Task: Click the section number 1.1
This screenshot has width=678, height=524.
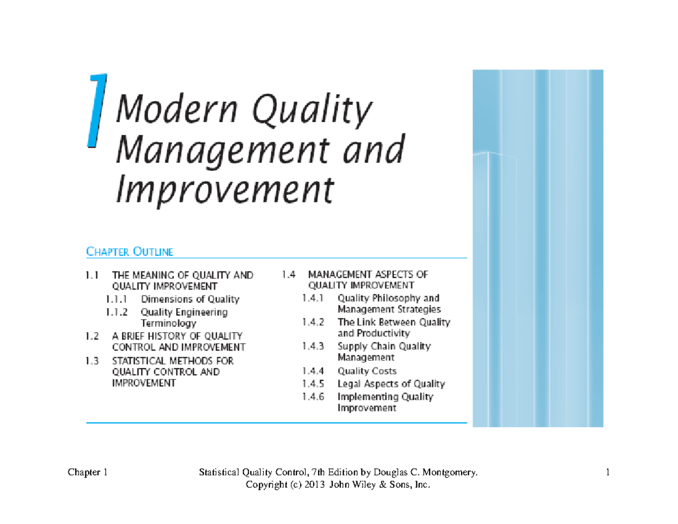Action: pos(92,275)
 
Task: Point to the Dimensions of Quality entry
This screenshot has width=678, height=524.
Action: pos(190,299)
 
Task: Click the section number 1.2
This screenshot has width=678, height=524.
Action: pos(92,336)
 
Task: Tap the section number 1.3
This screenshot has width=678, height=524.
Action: pos(92,361)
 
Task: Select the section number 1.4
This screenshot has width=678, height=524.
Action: pos(288,275)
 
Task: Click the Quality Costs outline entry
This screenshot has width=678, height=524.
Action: pos(367,371)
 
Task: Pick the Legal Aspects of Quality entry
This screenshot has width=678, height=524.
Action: pos(391,384)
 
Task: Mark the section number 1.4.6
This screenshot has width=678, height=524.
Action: pos(313,397)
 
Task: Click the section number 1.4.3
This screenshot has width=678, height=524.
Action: pos(313,347)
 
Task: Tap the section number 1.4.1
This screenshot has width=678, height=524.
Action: pos(312,298)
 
